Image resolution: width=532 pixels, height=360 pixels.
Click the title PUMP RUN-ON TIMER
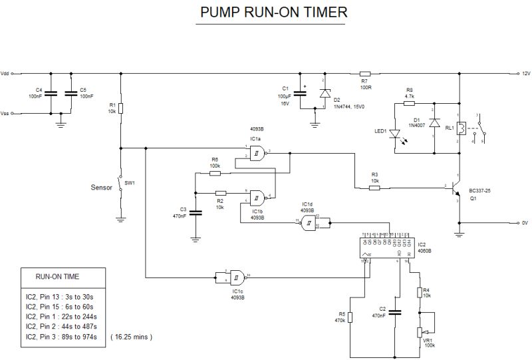tap(273, 13)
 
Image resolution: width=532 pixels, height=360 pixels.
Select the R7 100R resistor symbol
tap(364, 73)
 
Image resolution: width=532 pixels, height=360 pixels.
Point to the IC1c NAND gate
tap(235, 276)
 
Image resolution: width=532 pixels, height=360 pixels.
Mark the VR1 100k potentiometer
tap(420, 331)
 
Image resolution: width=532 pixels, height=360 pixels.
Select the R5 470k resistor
tap(350, 318)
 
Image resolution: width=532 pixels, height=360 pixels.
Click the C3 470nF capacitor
tap(196, 213)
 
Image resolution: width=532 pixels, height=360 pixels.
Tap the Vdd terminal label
tap(5, 73)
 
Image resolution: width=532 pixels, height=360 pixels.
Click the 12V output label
tap(525, 73)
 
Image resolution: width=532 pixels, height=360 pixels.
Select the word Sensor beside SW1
tap(101, 188)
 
